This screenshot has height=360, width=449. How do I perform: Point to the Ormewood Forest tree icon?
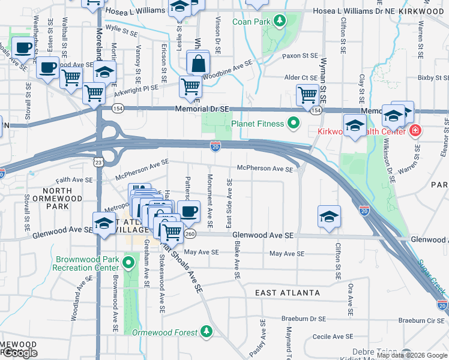click(x=206, y=331)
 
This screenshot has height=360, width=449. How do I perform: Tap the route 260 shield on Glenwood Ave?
click(x=190, y=233)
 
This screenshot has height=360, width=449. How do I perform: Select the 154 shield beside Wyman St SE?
click(x=316, y=110)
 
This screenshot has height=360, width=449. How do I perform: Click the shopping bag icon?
click(x=197, y=62)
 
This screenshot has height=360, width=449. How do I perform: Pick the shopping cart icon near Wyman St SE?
click(x=307, y=94)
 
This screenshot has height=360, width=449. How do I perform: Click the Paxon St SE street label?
click(x=300, y=56)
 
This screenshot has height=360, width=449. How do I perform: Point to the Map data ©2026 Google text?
click(x=411, y=355)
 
